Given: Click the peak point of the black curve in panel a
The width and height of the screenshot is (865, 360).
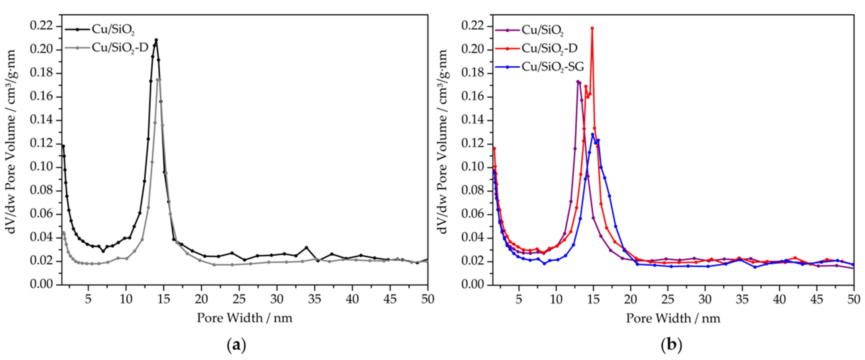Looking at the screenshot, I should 156,40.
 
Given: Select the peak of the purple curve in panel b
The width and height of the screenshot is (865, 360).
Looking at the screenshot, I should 578,82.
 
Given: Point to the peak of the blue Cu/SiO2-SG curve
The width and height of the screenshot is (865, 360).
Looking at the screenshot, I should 593,134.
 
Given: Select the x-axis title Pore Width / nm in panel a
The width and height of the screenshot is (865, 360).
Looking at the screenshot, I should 244,318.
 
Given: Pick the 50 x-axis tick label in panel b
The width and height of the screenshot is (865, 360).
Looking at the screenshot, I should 854,298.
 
